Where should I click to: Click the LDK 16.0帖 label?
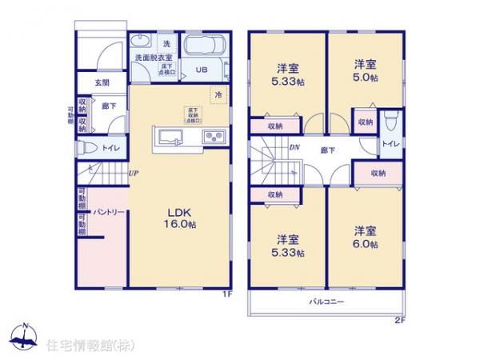[x=182, y=218]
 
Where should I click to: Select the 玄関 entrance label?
[x=101, y=82]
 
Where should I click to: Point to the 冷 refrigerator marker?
[x=217, y=94]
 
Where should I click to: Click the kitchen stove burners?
[x=214, y=137]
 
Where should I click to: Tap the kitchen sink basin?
[x=170, y=137]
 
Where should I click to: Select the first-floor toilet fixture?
[x=86, y=148]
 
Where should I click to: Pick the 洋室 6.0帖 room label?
[x=366, y=238]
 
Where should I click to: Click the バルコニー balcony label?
[x=326, y=302]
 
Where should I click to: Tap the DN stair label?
[x=294, y=146]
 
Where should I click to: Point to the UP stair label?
[x=133, y=173]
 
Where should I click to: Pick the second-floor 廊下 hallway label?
[x=328, y=150]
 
